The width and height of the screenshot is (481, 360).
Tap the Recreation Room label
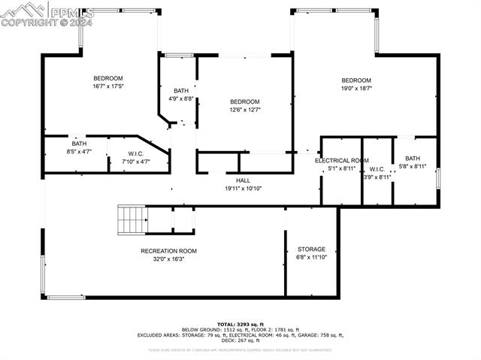pos(168,251)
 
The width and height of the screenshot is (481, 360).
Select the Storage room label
pos(311,249)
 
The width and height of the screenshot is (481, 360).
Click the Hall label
pos(243,180)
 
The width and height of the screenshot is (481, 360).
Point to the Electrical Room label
pos(342,161)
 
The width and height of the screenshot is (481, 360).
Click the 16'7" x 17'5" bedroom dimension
pos(107,86)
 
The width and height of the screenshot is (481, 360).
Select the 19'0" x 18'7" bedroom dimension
pos(356,89)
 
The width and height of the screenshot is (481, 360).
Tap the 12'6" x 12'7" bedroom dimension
pos(244,110)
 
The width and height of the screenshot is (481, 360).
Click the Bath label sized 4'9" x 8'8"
pos(181,91)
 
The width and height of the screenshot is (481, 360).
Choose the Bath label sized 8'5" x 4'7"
pos(79,144)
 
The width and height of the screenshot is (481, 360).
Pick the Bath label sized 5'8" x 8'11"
pos(413,159)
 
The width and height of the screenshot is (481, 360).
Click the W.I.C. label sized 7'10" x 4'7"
pos(135,153)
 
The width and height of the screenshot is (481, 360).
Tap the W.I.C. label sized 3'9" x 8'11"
pos(377,169)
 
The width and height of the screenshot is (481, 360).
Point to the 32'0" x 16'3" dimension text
pos(168,259)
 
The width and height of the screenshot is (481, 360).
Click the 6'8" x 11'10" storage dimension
pos(311,257)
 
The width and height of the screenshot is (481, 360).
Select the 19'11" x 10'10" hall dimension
pos(243,189)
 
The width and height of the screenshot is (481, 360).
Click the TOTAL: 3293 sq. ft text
pos(240,323)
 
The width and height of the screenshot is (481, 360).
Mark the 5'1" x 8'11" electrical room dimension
pos(342,168)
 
